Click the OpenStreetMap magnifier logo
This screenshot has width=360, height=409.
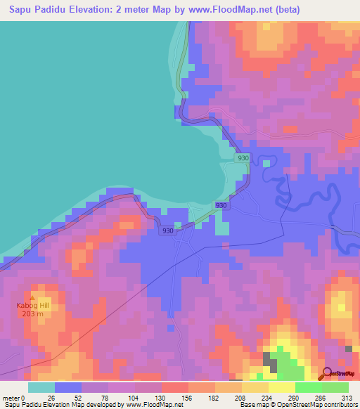[x=327, y=373]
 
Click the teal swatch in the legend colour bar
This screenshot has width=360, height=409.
[x=41, y=387]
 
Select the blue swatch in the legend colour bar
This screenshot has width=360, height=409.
[x=68, y=387]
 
